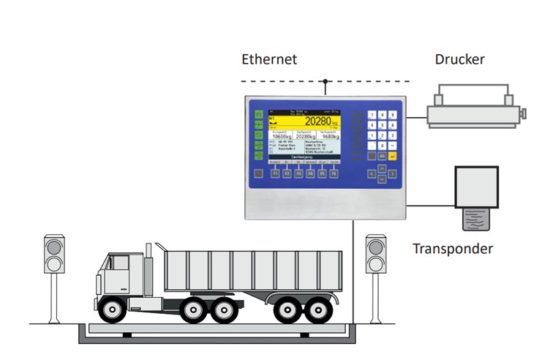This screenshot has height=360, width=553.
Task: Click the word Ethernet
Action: [269, 59]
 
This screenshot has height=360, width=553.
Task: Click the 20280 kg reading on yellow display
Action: [322, 121]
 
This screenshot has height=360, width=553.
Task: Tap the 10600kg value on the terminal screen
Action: [282, 137]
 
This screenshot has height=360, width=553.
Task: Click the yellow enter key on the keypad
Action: [393, 155]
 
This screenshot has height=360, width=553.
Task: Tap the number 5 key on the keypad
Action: [383, 125]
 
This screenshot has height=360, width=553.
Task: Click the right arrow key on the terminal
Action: [393, 173]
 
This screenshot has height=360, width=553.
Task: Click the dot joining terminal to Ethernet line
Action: [326, 81]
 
